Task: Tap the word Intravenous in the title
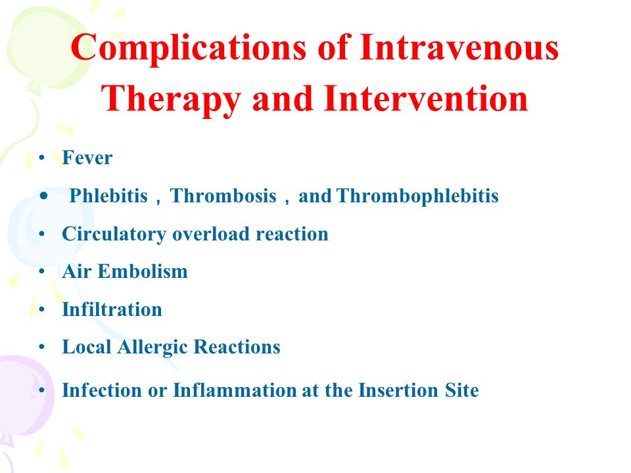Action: (458, 47)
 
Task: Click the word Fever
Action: (87, 157)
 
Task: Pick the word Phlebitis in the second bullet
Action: (108, 196)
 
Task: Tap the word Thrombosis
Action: (223, 196)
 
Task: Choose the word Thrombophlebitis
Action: (417, 196)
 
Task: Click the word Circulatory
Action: (114, 235)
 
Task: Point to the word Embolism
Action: (143, 271)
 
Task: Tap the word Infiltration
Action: (112, 309)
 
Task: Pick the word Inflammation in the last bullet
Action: (234, 390)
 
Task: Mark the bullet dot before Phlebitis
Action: (44, 196)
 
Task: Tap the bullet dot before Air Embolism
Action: (42, 271)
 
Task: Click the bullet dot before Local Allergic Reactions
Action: (42, 347)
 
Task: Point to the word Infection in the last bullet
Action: (102, 390)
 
